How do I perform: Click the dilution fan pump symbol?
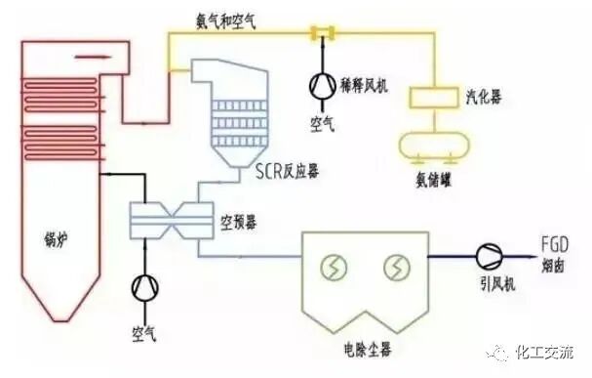coord(320,84)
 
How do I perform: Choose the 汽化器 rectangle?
coord(432,99)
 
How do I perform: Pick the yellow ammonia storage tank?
coord(432,143)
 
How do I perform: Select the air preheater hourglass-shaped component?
coord(172,215)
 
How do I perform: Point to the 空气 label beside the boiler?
coord(144,335)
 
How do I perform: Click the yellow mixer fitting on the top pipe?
coord(318,34)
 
